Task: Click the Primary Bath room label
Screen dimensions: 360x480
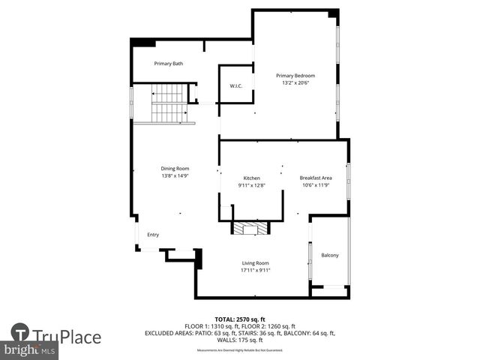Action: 169,64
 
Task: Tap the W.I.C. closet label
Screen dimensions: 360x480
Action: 235,86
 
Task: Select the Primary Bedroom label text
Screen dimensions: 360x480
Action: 295,76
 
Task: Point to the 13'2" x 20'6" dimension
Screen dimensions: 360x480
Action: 295,82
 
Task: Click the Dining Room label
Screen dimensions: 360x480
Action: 175,168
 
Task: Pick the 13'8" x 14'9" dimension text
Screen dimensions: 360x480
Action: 175,175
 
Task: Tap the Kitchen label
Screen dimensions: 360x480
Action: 251,178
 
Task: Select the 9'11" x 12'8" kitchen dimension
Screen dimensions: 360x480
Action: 251,184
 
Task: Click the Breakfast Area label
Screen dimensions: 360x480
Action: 316,178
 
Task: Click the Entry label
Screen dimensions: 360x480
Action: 153,235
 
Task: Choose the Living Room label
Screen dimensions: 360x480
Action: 255,262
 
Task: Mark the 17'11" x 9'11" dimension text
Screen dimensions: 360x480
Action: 255,270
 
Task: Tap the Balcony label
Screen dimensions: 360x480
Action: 330,256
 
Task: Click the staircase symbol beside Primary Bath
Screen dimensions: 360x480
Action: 170,103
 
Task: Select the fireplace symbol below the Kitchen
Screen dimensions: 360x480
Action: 249,228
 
